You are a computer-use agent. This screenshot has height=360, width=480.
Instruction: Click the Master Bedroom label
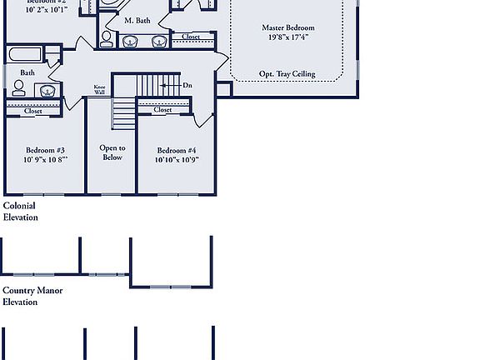[x=288, y=27]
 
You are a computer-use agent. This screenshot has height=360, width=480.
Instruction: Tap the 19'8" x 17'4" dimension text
[x=288, y=37]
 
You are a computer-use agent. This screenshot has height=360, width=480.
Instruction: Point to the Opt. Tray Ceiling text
[x=287, y=74]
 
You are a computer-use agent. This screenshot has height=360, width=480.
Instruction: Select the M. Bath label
[x=137, y=20]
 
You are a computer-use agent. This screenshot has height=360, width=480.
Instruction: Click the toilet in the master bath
[x=107, y=39]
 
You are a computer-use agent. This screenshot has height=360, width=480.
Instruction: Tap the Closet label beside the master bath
[x=191, y=37]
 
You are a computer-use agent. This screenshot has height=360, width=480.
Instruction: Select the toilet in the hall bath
[x=18, y=88]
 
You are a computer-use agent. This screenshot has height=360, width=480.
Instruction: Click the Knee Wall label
[x=99, y=90]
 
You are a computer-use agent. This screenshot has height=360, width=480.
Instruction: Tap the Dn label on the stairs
[x=187, y=85]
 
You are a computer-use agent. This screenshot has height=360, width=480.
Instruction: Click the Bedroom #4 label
[x=177, y=151]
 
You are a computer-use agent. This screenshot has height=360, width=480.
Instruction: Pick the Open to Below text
[x=112, y=152]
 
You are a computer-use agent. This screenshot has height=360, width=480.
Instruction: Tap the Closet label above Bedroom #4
[x=162, y=109]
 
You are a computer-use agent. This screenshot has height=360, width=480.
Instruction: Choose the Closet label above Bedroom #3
[x=33, y=111]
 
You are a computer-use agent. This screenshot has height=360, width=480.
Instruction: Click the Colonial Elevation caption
[x=21, y=212]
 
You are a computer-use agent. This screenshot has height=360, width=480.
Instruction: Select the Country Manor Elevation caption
[x=32, y=297]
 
